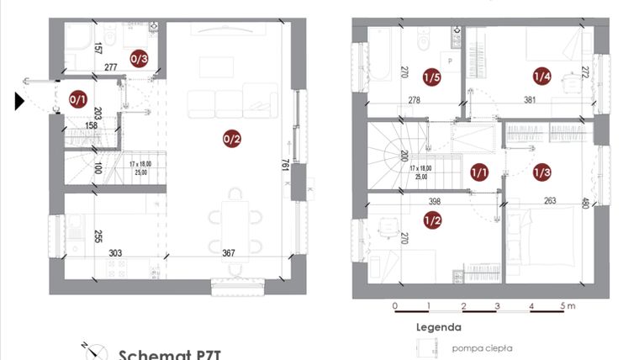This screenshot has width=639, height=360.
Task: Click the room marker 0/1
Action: coord(77,100)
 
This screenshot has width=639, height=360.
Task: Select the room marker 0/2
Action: coord(231,140)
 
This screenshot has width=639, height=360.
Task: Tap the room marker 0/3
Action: coord(140,59)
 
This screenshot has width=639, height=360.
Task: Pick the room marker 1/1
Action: coord(479,173)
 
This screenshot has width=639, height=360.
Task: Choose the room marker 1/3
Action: coord(542,173)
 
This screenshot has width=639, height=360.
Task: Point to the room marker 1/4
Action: coord(542,77)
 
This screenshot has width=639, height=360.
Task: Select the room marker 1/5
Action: coord(432,77)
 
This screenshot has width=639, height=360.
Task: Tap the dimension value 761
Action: coord(285,166)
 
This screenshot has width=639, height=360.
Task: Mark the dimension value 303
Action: coord(115,253)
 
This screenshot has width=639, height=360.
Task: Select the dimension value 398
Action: coord(434,202)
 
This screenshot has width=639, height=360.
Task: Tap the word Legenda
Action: coord(437,327)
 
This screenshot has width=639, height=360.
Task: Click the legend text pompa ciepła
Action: coord(483,347)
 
